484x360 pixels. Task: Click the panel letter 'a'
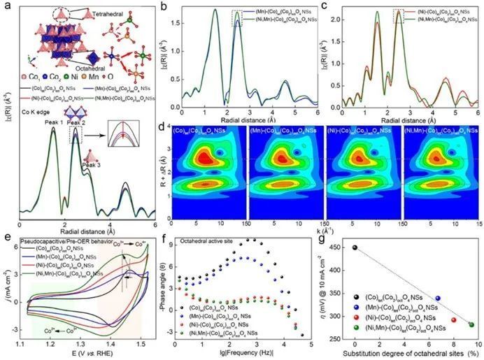coord(7,6)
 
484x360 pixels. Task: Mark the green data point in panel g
coord(471,324)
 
